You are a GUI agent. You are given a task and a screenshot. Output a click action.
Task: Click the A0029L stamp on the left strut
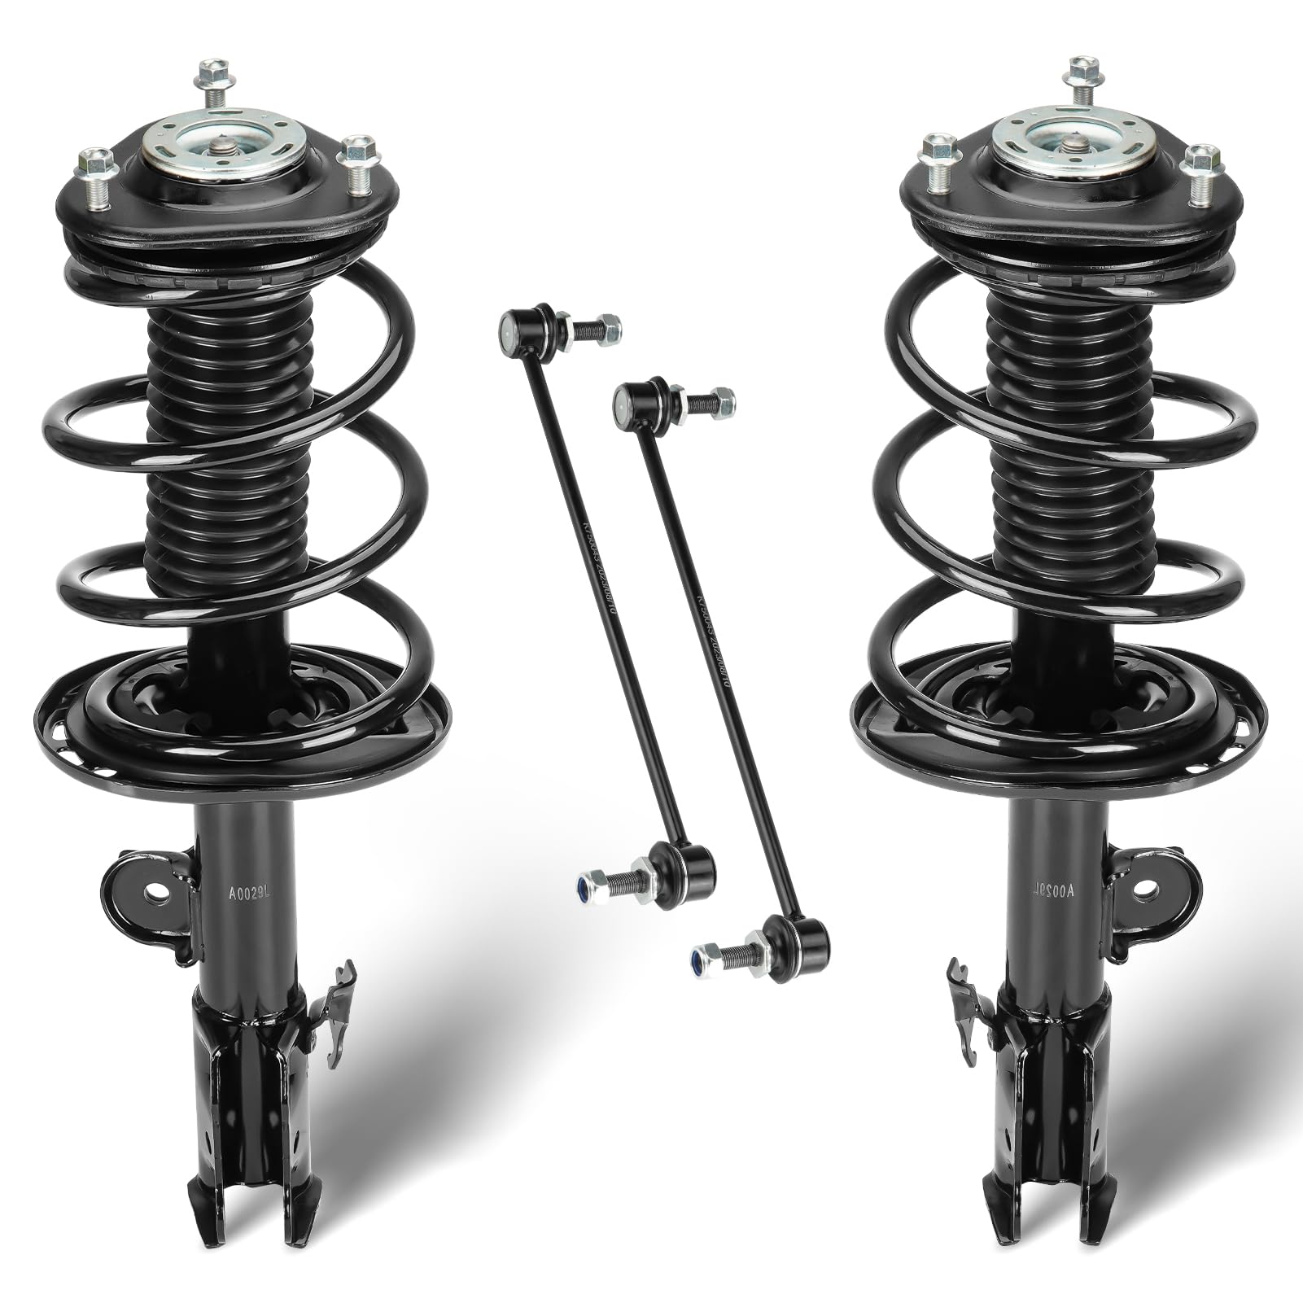coord(243,894)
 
